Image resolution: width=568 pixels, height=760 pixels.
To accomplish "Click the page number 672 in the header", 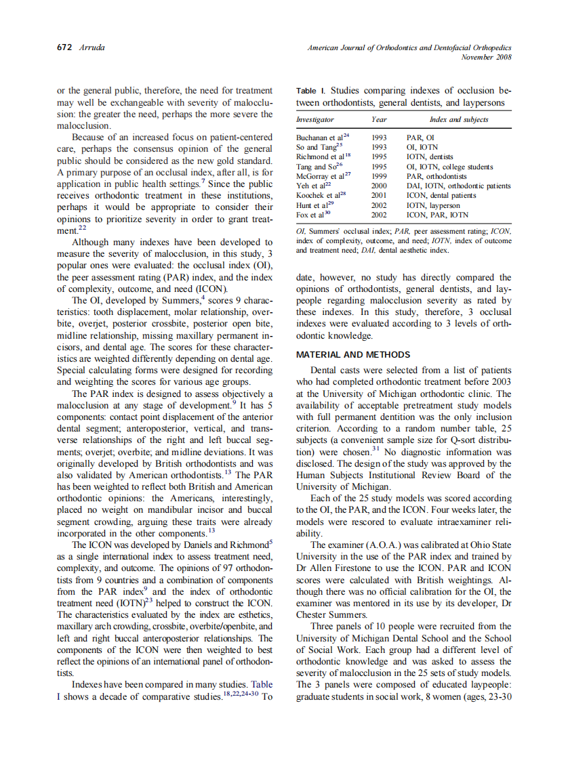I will pos(64,49).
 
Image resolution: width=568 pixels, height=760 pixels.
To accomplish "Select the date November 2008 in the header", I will pos(486,58).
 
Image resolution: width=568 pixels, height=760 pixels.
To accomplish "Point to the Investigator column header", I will pos(315,120).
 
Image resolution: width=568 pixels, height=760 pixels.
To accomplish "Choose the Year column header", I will pos(379,120).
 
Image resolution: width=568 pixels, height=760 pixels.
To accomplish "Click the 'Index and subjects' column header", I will pos(459,120).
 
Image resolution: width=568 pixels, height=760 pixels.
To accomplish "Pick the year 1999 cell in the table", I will pos(379,176).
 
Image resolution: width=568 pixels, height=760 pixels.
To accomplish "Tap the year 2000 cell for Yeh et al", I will pos(379,186).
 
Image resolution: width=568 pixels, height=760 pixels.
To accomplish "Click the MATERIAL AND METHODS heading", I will pos(352,354).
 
